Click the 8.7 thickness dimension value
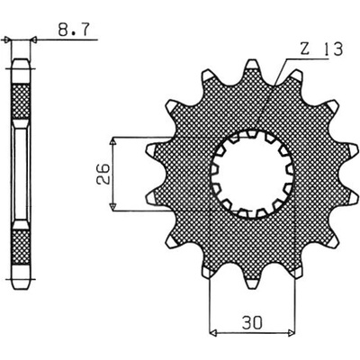[x=74, y=30]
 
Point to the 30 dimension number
[x=252, y=323]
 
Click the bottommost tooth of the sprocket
[x=252, y=281]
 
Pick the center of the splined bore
[x=252, y=175]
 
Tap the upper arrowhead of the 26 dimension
[x=112, y=142]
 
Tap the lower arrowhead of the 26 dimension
[x=112, y=206]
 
